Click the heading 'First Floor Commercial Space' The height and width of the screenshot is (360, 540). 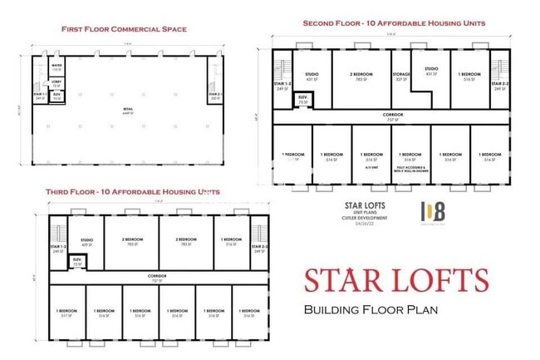coord(124,29)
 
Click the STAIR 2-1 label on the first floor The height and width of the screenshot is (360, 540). coord(216,97)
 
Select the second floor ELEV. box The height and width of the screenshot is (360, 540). coord(303,101)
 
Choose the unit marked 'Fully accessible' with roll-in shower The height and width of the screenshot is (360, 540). coord(410,161)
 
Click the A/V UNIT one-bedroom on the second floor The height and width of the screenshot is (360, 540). coord(371,160)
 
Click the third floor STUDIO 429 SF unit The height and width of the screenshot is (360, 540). coord(86,242)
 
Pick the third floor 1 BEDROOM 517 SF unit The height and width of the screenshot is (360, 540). coord(66,313)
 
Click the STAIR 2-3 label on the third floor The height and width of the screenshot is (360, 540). coord(260,249)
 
